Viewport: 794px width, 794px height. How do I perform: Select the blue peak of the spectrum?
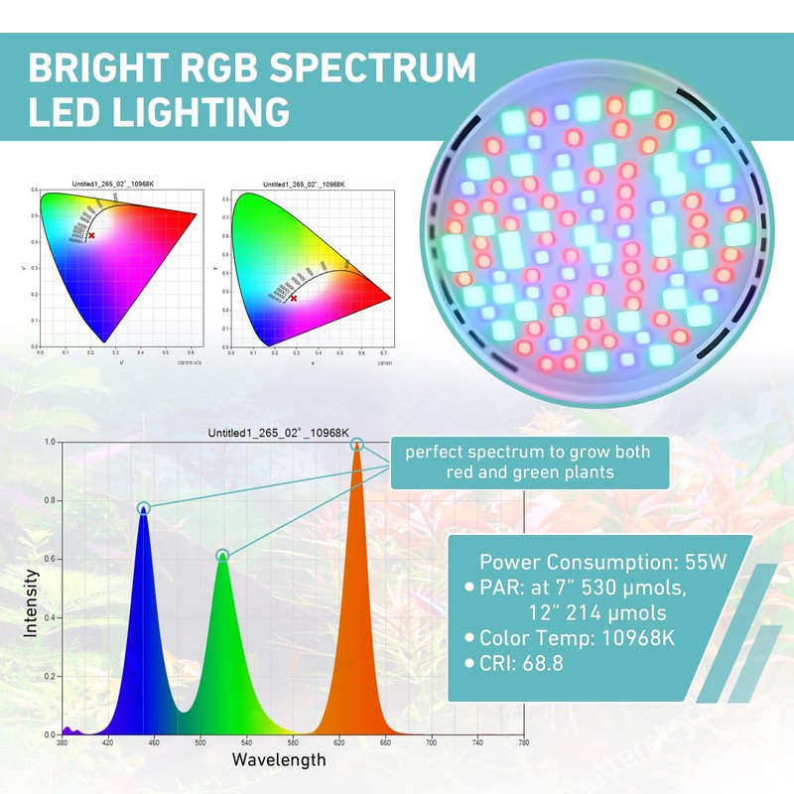(144, 508)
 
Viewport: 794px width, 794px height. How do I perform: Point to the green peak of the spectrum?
(222, 556)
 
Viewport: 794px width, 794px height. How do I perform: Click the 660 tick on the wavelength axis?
(384, 742)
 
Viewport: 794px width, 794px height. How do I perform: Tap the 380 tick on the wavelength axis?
(63, 742)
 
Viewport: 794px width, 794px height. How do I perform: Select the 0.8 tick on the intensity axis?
(49, 501)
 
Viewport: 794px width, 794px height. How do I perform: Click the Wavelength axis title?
(279, 760)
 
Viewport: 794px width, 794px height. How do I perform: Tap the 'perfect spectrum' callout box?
(527, 462)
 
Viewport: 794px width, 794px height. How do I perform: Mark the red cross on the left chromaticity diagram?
(91, 235)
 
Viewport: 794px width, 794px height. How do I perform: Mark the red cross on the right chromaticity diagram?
(293, 298)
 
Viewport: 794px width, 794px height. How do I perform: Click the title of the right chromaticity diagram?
(303, 185)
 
